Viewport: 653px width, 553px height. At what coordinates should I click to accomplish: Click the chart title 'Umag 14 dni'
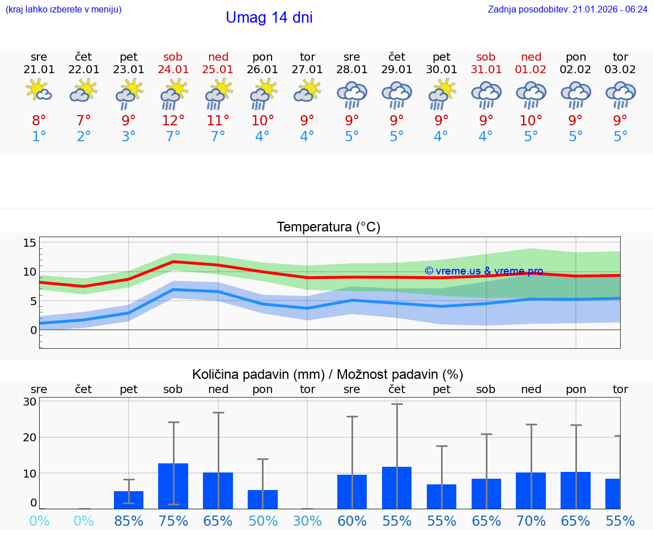point(269,18)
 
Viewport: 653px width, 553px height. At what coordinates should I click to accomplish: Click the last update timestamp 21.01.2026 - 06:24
point(567,10)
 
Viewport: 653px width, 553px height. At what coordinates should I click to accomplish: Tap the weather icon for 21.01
point(39,91)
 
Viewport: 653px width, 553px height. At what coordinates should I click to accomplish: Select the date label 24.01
point(173,69)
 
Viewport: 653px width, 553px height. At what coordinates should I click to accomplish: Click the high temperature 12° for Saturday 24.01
point(173,120)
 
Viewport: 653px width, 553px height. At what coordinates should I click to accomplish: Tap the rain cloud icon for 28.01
point(352,95)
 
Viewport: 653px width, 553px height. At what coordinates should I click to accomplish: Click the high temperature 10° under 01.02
point(531,120)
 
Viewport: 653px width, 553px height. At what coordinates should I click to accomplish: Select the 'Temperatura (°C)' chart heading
point(329,227)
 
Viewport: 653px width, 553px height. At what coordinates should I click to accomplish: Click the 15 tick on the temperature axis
point(29,243)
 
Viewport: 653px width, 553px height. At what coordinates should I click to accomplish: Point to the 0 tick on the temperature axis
point(33,330)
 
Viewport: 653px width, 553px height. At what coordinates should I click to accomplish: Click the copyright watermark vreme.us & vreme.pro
point(484,271)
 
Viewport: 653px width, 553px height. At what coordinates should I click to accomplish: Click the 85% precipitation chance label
point(129,521)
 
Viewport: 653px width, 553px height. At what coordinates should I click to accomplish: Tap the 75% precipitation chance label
point(173,521)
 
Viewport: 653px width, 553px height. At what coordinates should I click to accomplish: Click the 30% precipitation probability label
point(307,521)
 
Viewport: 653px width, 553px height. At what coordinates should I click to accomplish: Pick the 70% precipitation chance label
point(531,521)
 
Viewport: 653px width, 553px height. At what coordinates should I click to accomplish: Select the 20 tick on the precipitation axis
point(29,437)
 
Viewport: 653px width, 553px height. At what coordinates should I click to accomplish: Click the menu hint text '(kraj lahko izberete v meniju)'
point(63,10)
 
